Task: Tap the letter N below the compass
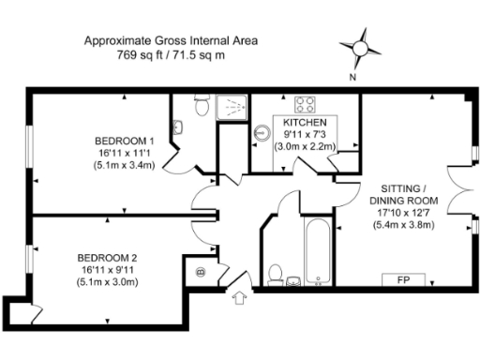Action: [352, 79]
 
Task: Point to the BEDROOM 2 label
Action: [108, 259]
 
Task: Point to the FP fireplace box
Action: [403, 280]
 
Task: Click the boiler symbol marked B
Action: [201, 273]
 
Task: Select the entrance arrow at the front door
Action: [238, 298]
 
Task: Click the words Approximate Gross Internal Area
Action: [171, 41]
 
